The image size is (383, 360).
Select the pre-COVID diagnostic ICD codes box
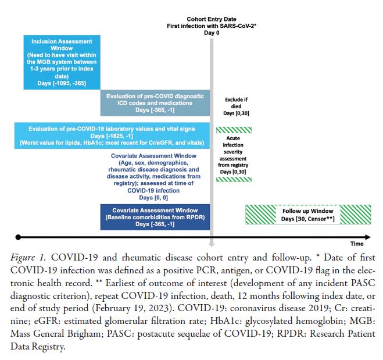155,102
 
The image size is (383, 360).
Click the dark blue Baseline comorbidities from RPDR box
155,217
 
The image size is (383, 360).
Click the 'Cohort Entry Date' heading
211,19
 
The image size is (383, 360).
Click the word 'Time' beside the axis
356,244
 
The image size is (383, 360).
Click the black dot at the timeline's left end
18,237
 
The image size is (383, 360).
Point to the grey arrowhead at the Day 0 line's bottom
213,240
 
